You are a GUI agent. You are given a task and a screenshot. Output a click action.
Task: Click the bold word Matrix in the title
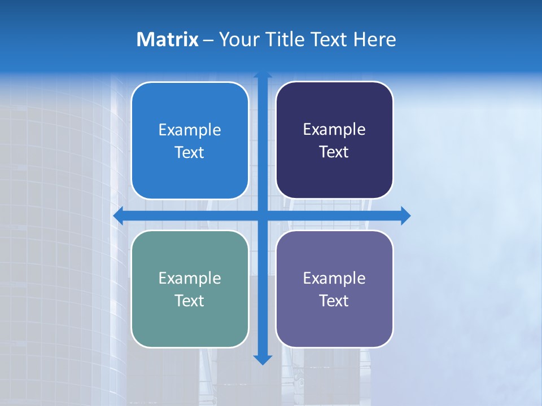point(168,39)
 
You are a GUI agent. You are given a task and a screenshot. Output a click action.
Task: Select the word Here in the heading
point(374,39)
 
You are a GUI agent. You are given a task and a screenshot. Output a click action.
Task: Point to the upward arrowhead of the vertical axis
point(263,75)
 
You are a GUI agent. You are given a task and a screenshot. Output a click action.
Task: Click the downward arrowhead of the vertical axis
point(263,359)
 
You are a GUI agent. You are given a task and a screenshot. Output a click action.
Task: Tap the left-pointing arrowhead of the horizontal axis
point(119,215)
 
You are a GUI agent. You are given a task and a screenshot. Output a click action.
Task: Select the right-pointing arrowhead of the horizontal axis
point(405,215)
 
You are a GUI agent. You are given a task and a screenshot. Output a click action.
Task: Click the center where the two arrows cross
point(263,215)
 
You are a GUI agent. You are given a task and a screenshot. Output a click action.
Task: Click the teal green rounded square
point(190,327)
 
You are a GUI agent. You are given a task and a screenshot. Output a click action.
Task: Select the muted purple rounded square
point(334,327)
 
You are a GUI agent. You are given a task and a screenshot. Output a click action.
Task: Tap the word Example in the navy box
point(334,130)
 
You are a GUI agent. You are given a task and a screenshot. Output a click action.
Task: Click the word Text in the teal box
point(190,301)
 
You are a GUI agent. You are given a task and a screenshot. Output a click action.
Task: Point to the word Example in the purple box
point(334,278)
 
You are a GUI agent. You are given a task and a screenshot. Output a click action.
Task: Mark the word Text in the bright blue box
point(190,152)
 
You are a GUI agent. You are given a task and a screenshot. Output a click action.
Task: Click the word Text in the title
point(328,39)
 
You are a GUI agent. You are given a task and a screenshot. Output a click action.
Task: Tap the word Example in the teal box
point(190,278)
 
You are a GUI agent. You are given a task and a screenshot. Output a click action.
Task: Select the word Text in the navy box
point(334,152)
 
